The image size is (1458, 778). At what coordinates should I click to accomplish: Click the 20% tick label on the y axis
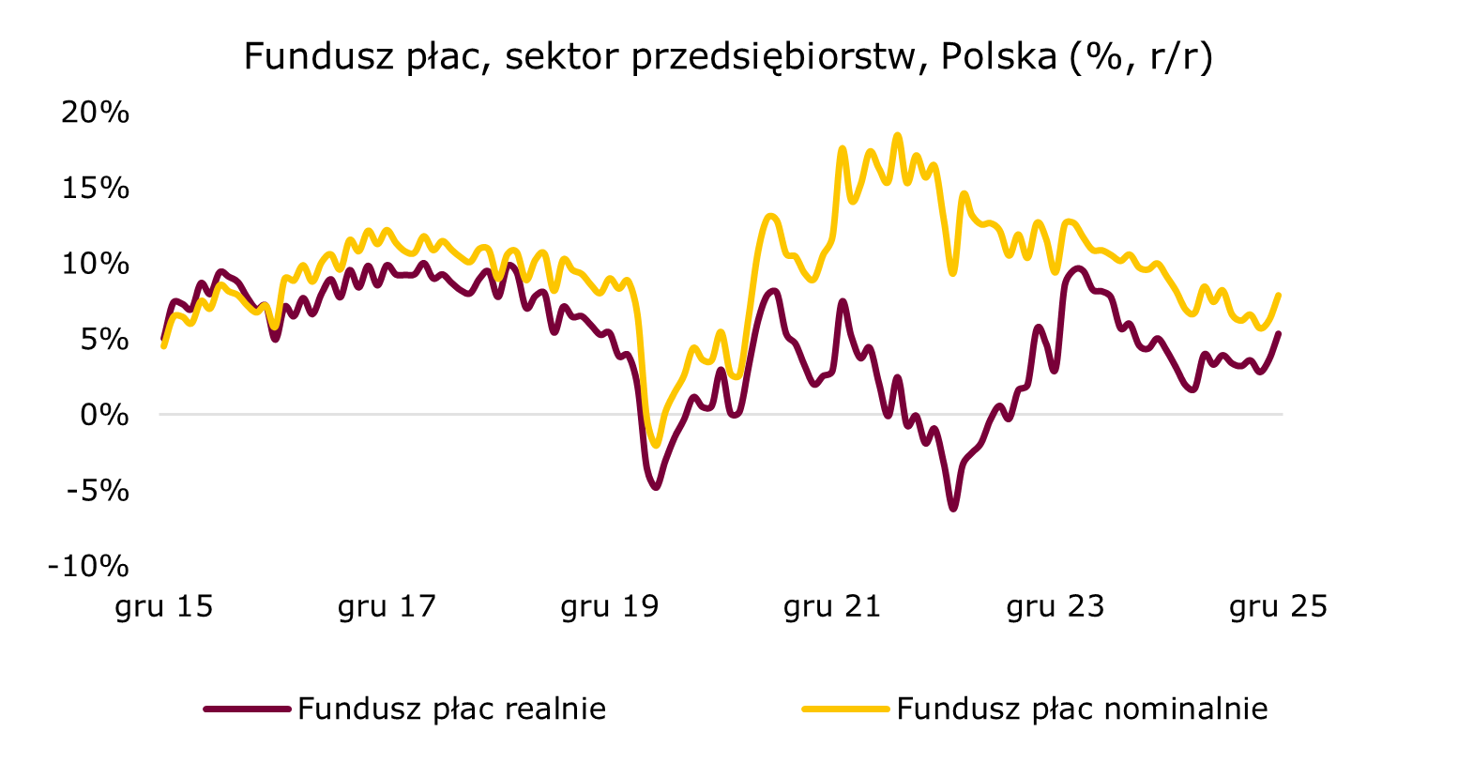point(94,114)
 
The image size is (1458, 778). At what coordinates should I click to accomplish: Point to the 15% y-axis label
point(94,189)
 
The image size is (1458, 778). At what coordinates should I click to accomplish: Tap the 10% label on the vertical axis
point(94,264)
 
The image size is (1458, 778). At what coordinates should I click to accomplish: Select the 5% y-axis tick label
point(102,339)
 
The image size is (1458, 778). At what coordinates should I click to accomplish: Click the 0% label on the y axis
point(102,414)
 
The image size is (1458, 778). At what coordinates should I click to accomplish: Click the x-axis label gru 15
point(164,607)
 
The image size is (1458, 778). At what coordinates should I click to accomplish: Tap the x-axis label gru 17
point(387,607)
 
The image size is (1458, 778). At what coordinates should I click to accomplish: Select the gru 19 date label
point(610,607)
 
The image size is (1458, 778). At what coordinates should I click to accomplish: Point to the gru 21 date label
point(832,607)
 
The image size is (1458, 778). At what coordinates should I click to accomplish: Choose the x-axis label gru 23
point(1056,607)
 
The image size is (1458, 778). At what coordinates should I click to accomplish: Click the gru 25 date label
point(1278,607)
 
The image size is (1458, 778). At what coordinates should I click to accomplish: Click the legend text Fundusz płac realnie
point(451,709)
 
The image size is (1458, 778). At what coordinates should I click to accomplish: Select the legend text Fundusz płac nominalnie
point(1082,709)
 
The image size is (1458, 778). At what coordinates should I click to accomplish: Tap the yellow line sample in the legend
point(844,709)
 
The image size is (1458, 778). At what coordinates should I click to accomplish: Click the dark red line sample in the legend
point(247,709)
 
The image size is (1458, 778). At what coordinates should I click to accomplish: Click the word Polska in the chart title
point(997,57)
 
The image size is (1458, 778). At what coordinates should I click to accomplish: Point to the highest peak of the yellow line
point(897,135)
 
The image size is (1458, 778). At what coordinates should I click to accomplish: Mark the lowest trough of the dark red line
point(953,509)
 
